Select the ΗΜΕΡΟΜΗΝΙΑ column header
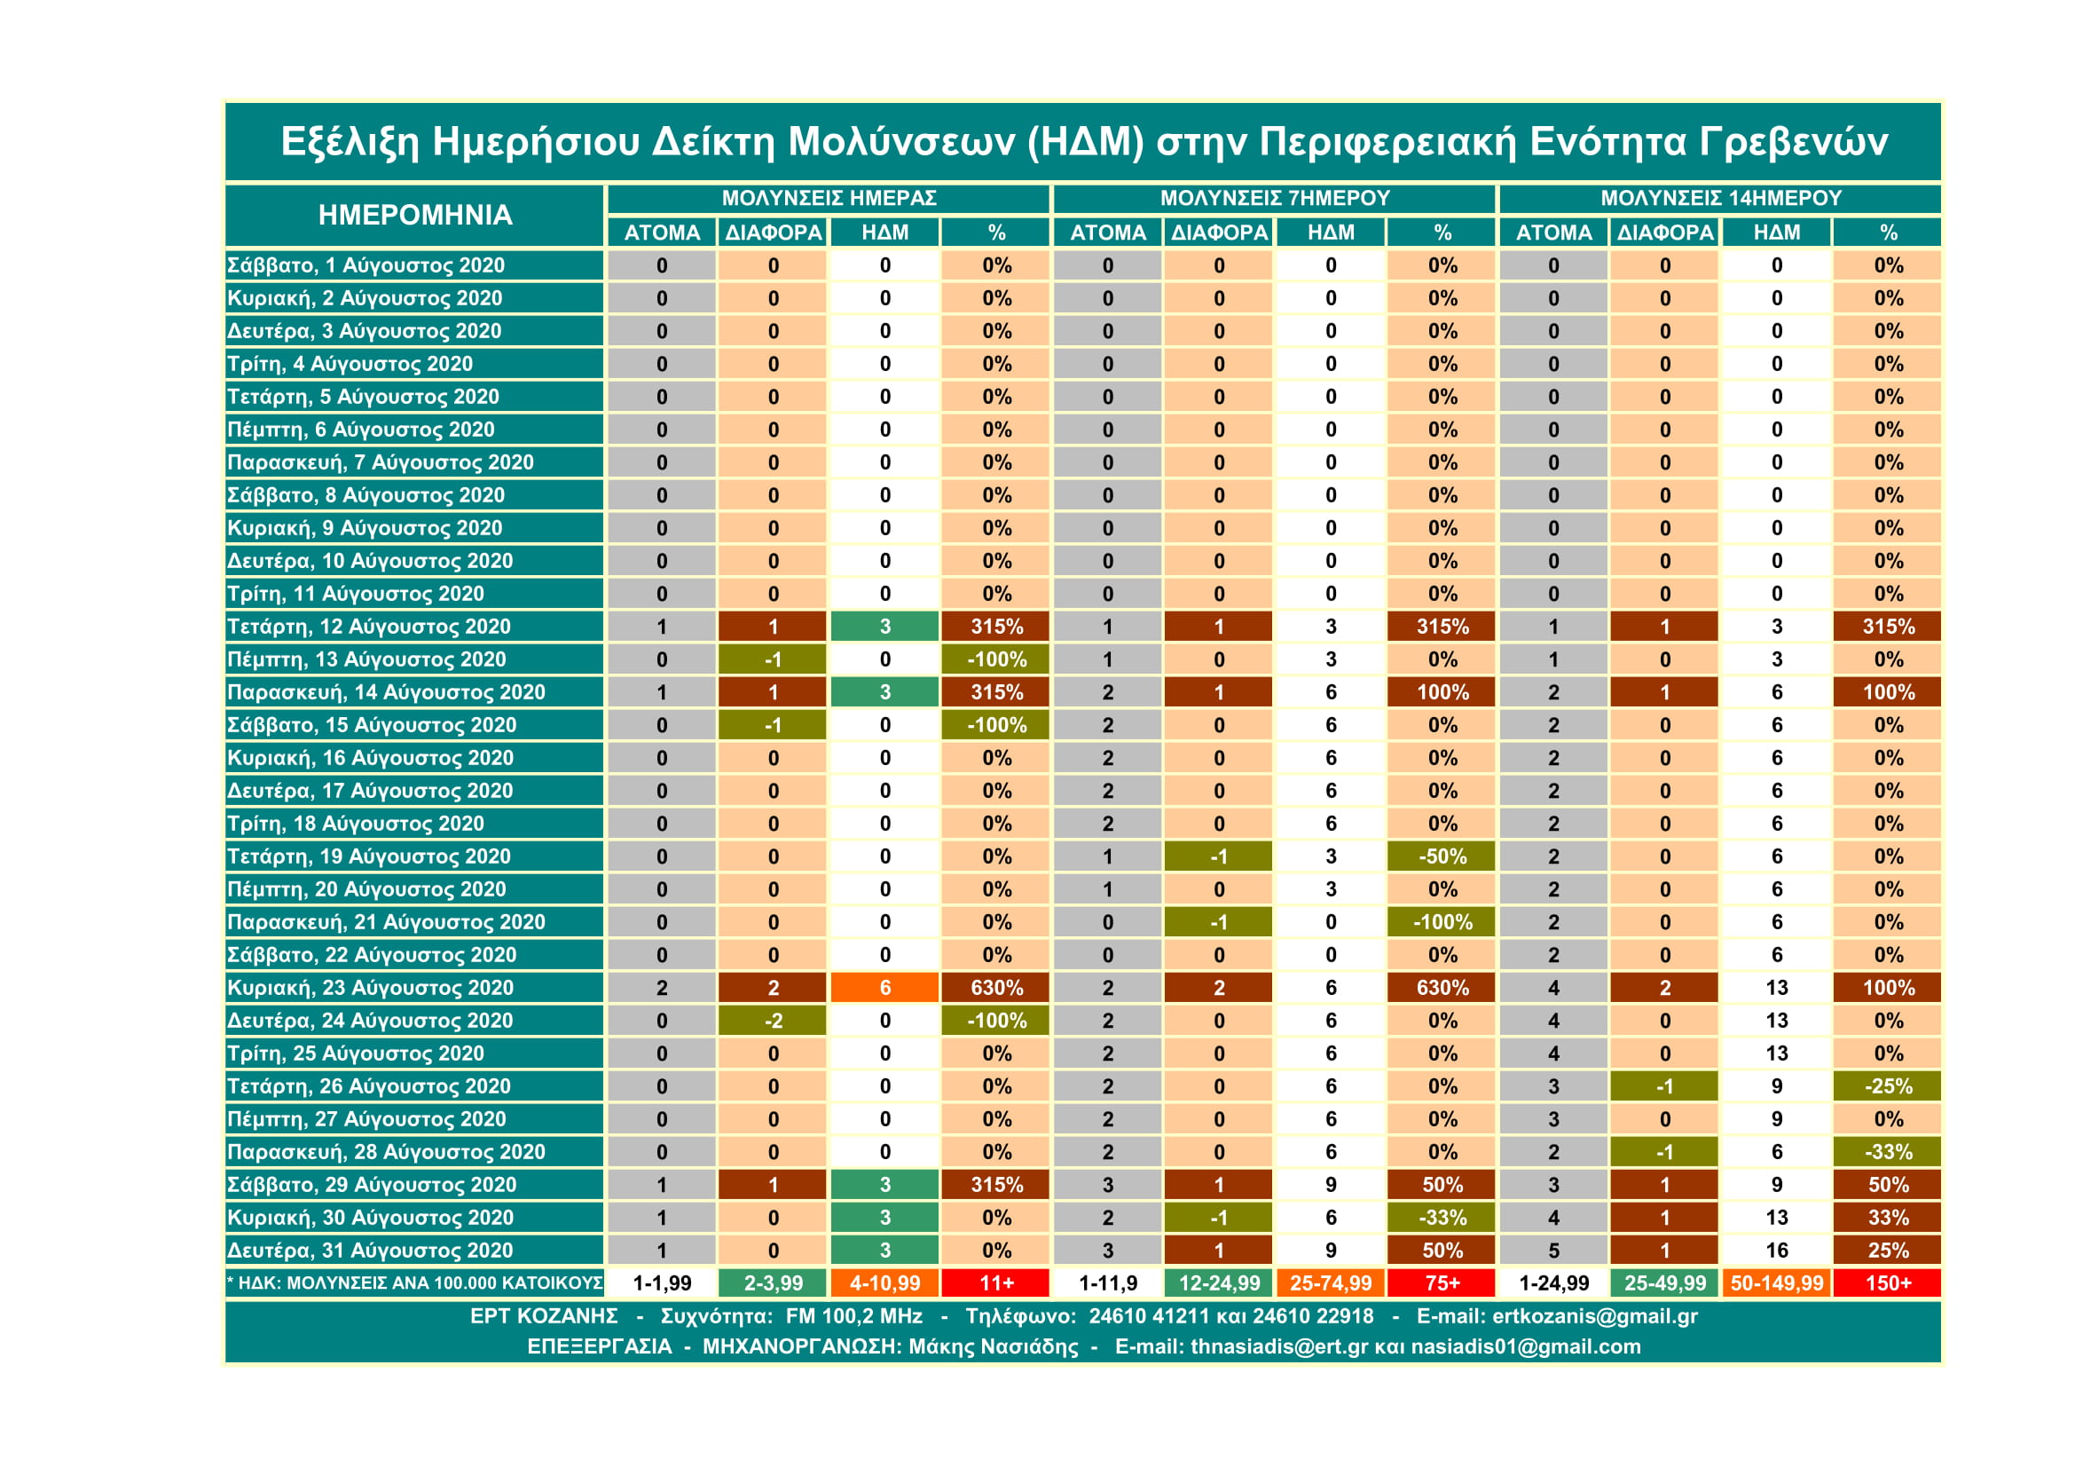[x=415, y=215]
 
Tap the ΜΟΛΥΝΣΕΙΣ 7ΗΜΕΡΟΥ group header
[x=1274, y=198]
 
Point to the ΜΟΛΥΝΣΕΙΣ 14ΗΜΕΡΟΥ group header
[x=1721, y=198]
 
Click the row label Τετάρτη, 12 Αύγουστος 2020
[x=369, y=627]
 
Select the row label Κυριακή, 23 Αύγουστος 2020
[x=370, y=988]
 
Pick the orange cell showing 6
[x=884, y=988]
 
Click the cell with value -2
[x=773, y=1021]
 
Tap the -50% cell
[x=1442, y=856]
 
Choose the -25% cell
[x=1888, y=1086]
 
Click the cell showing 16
[x=1777, y=1251]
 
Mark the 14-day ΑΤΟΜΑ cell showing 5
[x=1553, y=1251]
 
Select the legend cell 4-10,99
[x=884, y=1283]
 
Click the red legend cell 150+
[x=1888, y=1283]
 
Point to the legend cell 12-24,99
[x=1219, y=1283]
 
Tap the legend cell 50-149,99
[x=1777, y=1283]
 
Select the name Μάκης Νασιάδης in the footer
[x=994, y=1347]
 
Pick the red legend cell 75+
[x=1442, y=1283]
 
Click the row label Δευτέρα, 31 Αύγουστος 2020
[x=370, y=1251]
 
